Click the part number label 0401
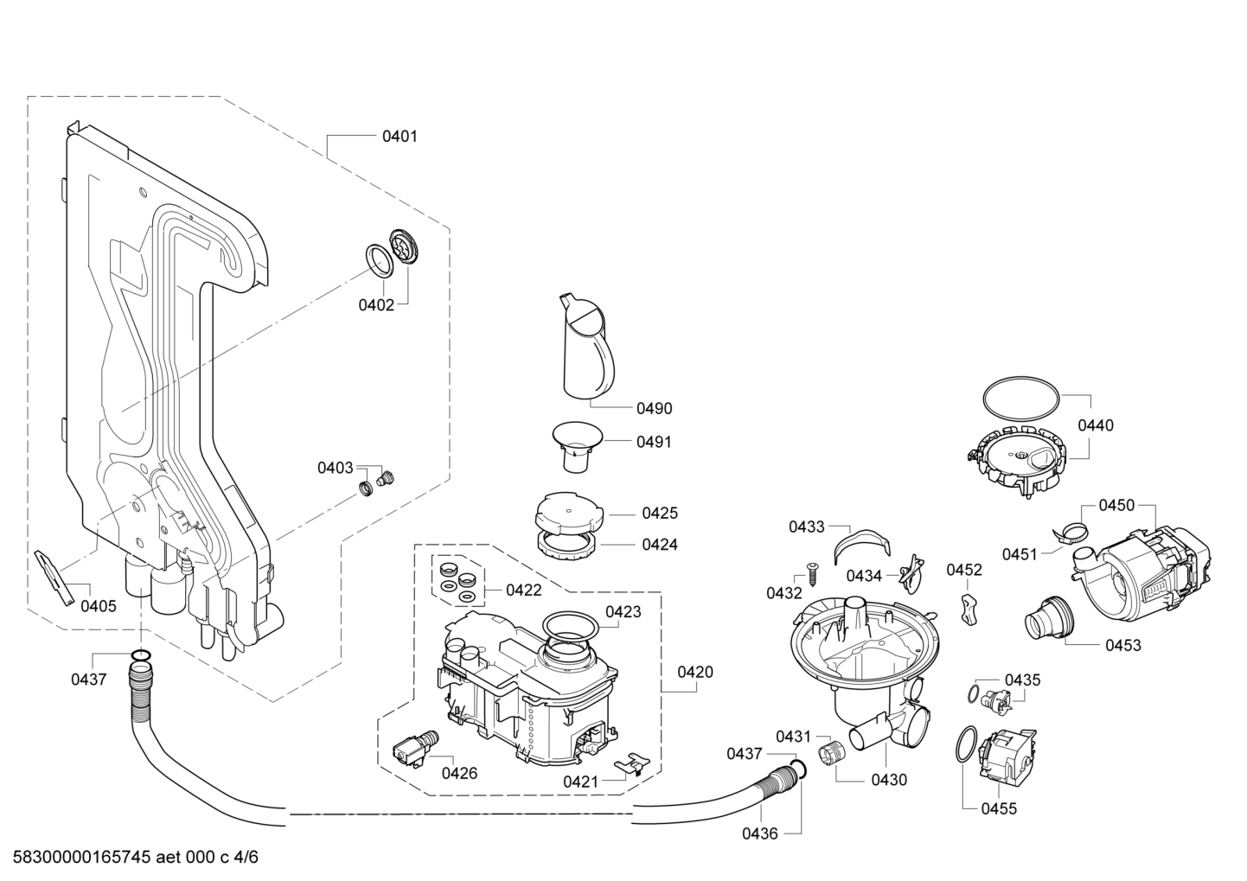pyautogui.click(x=400, y=137)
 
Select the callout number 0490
pyautogui.click(x=654, y=408)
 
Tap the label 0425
pyautogui.click(x=660, y=514)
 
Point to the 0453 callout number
pyautogui.click(x=1122, y=646)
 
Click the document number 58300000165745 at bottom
pyautogui.click(x=81, y=857)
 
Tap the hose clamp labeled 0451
pyautogui.click(x=1070, y=535)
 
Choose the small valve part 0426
pyautogui.click(x=415, y=748)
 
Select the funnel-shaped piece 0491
pyautogui.click(x=577, y=446)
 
